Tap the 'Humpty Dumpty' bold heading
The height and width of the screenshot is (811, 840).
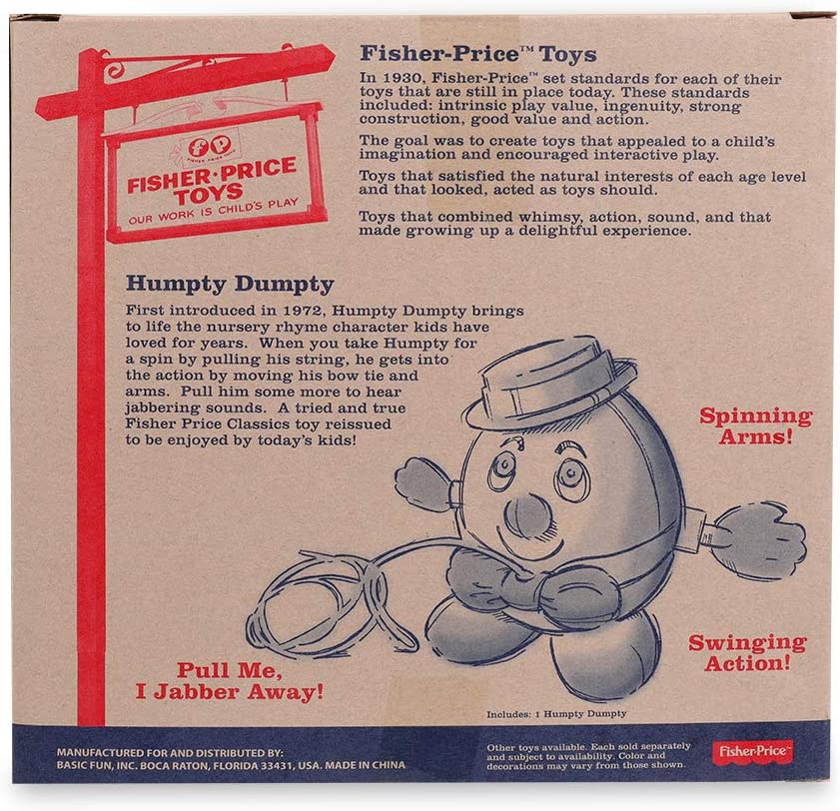(x=230, y=286)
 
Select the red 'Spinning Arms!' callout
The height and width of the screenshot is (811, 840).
(x=754, y=424)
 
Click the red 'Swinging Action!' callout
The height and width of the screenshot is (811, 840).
(x=746, y=652)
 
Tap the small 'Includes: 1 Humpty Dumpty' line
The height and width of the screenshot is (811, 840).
(x=556, y=714)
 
